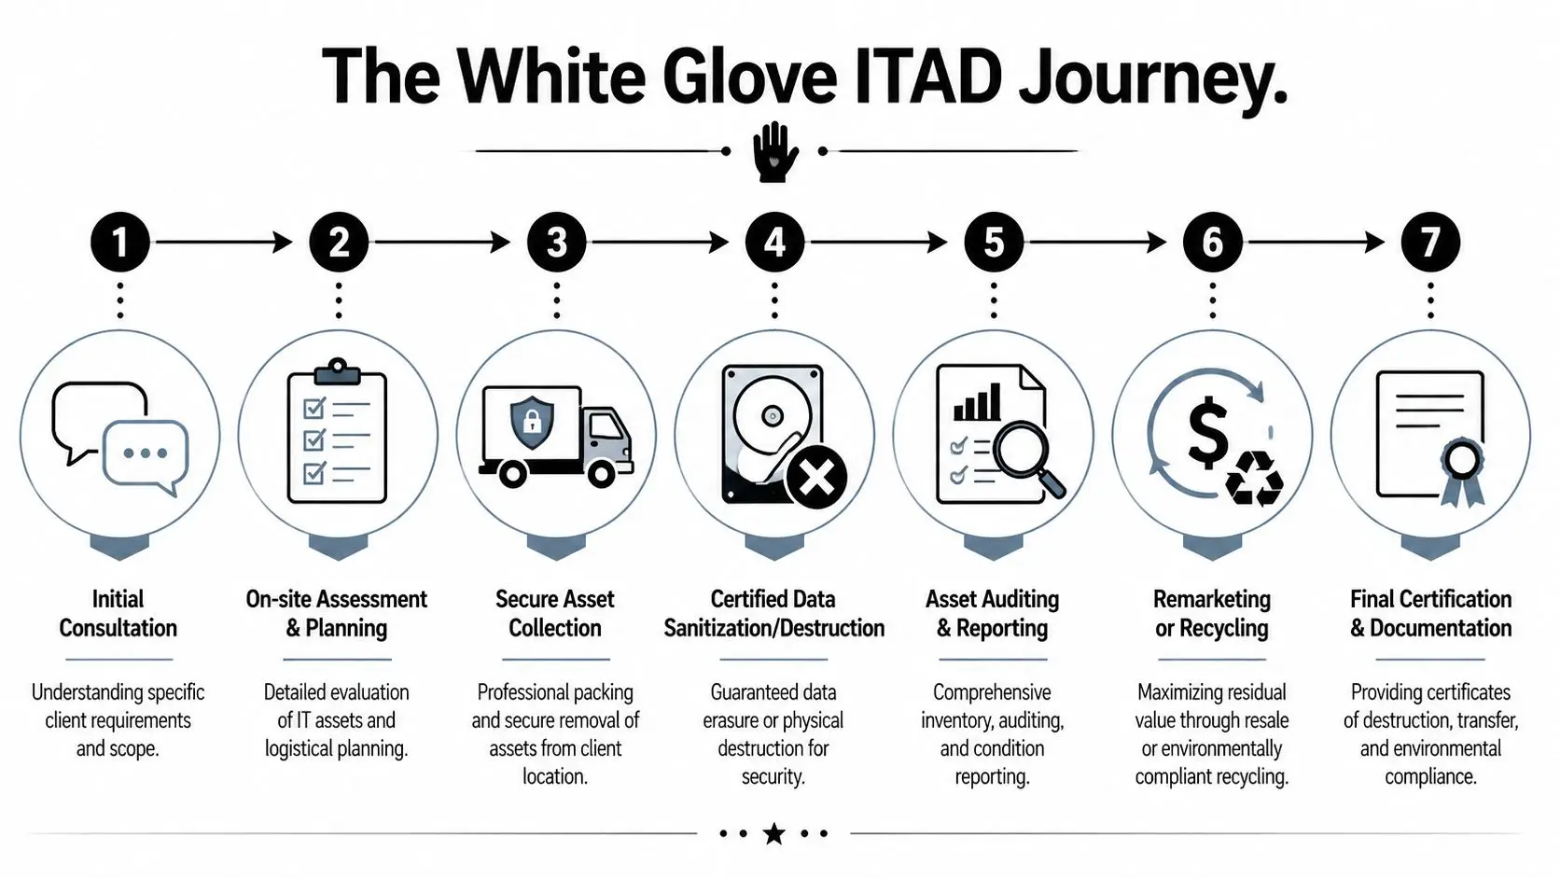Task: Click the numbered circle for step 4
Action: click(x=774, y=243)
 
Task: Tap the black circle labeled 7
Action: click(x=1429, y=243)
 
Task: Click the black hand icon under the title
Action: click(x=774, y=152)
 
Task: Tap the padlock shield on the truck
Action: click(x=532, y=421)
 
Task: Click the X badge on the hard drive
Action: click(x=816, y=479)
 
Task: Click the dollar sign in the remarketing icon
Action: click(x=1207, y=431)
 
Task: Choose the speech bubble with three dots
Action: click(x=146, y=454)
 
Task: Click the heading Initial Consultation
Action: click(x=118, y=613)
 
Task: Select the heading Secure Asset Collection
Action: click(x=555, y=613)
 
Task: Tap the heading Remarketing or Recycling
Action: click(x=1211, y=613)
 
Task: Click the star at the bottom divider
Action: click(x=773, y=833)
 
